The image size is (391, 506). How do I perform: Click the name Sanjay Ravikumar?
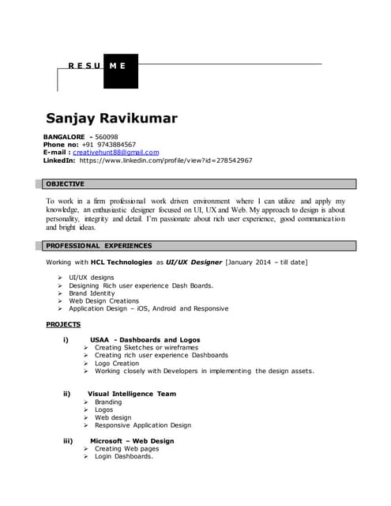[111, 119]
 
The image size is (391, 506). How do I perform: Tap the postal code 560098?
[106, 137]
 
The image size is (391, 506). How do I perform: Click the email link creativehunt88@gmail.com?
[116, 153]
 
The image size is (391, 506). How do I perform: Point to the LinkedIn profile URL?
[166, 160]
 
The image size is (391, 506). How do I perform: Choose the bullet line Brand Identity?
[92, 293]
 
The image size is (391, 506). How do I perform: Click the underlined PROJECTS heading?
[63, 324]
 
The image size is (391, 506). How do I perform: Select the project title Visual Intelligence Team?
[132, 394]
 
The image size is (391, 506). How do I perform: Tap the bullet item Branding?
[108, 402]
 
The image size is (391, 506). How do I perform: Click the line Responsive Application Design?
[142, 425]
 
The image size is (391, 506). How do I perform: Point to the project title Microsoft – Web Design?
[132, 440]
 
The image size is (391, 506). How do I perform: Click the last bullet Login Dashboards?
[123, 456]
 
